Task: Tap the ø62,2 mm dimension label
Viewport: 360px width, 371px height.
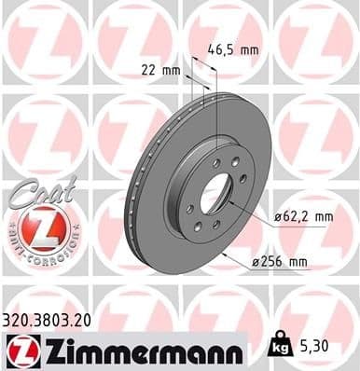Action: [x=304, y=218]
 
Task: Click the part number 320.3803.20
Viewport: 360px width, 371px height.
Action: [x=48, y=319]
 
